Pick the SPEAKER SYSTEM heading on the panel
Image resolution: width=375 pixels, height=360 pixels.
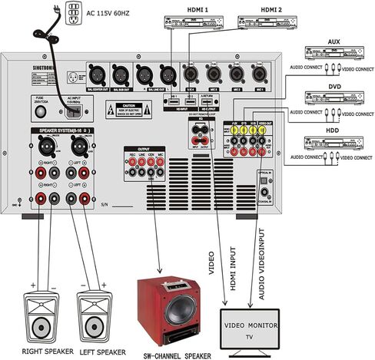tap(59, 132)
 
